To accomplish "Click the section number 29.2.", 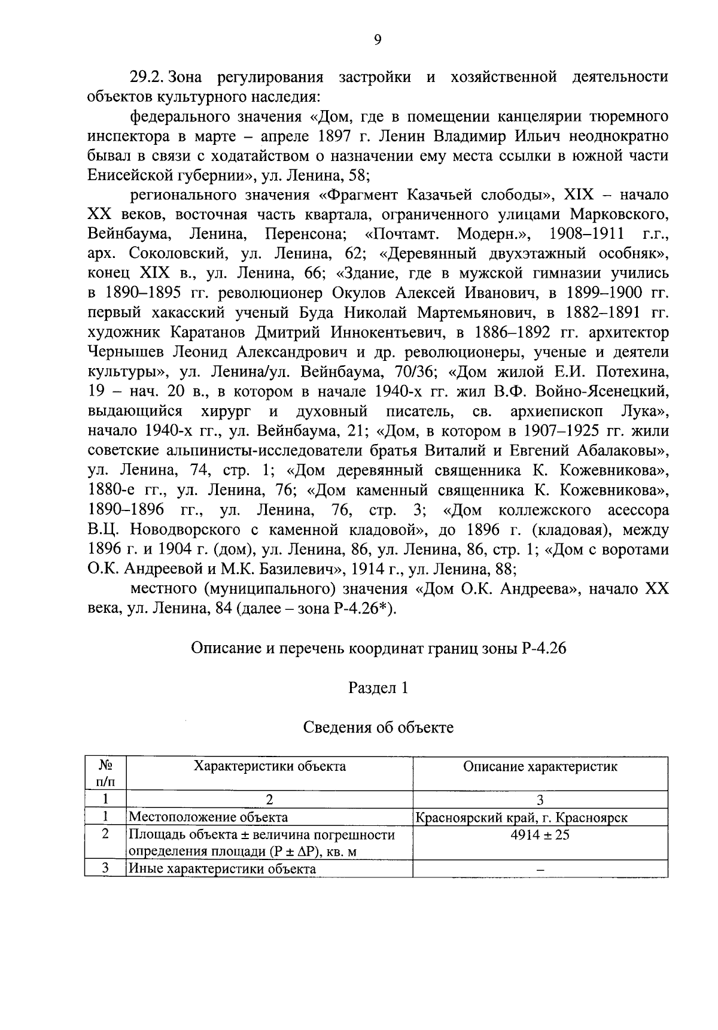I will tap(147, 78).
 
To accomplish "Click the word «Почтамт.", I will tap(397, 234).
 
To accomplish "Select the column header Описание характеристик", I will tap(540, 767).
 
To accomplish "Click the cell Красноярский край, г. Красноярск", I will tap(522, 818).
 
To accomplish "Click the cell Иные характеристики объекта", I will tap(223, 869).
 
